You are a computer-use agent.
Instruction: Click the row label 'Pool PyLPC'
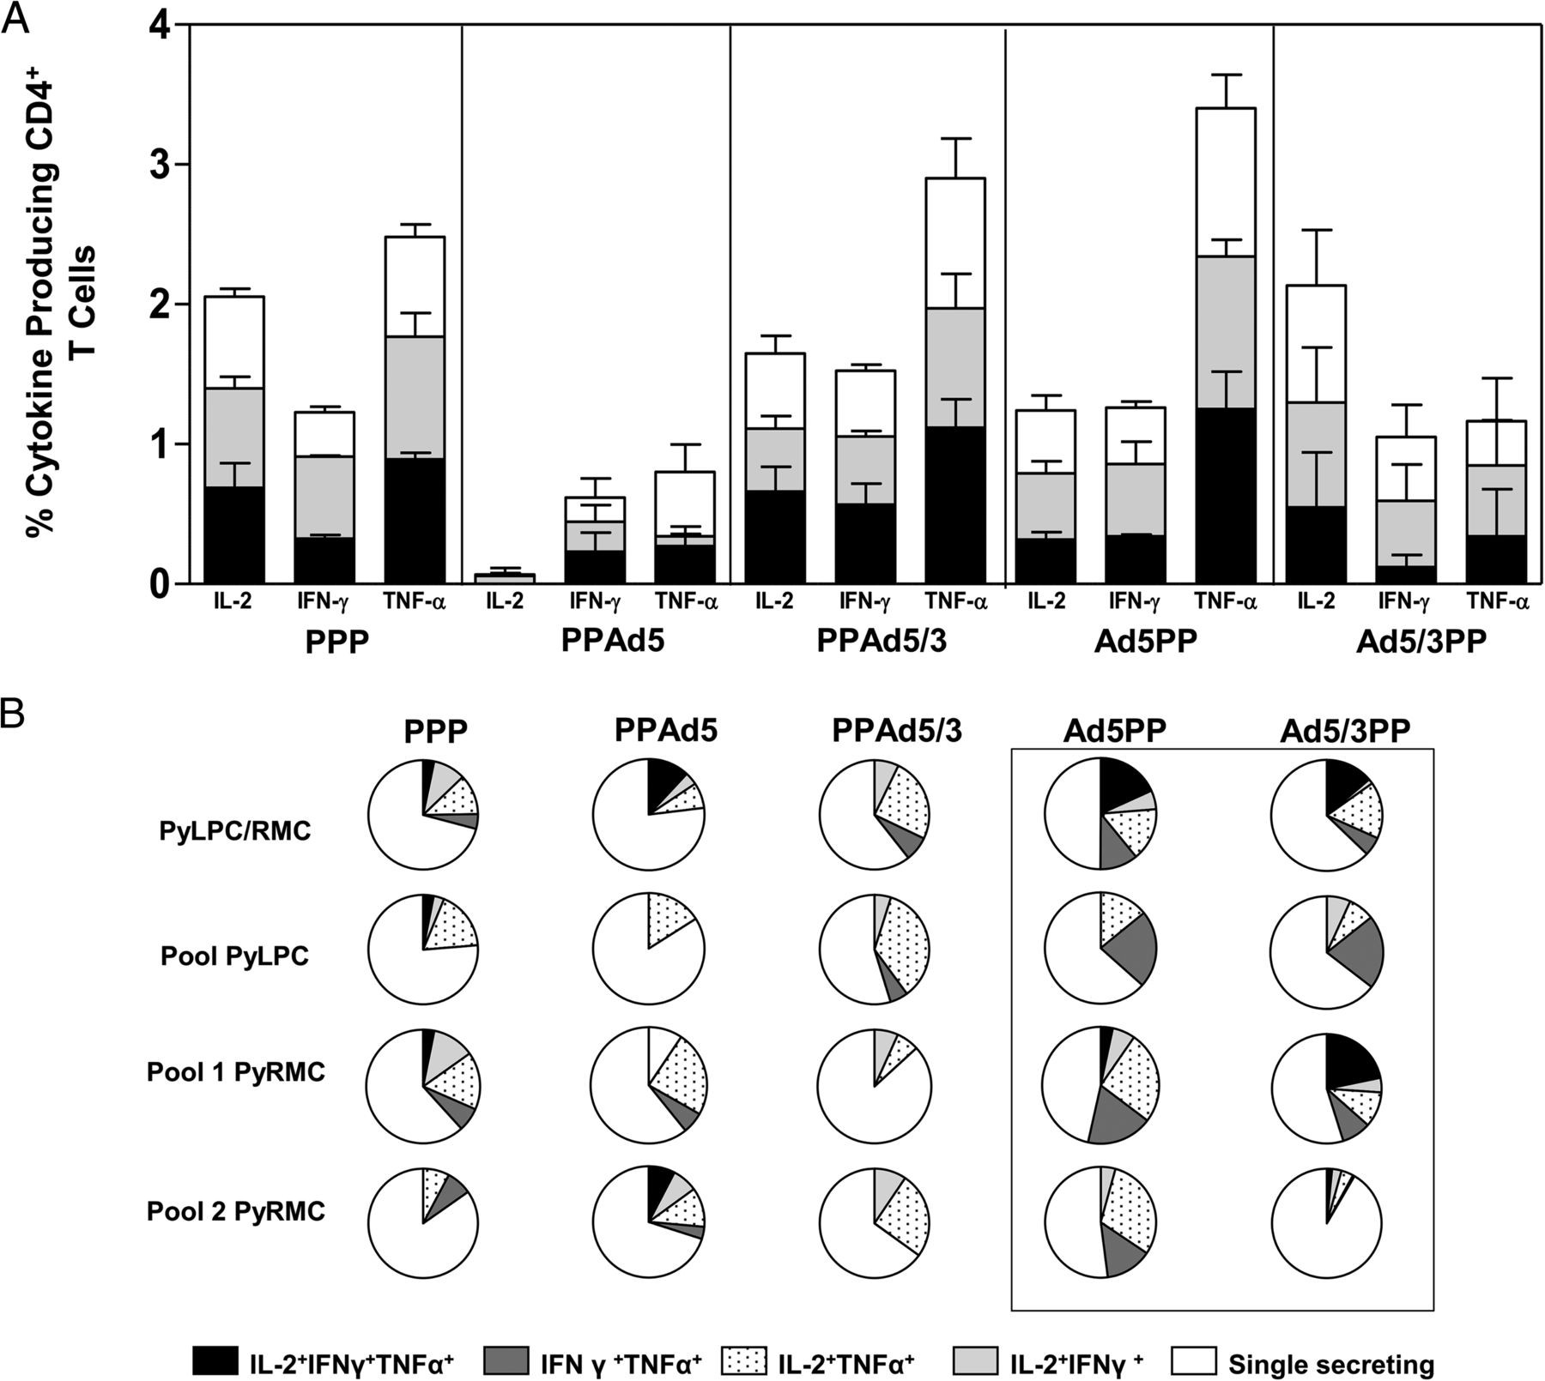click(234, 956)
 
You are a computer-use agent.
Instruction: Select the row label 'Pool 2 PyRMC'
click(236, 1212)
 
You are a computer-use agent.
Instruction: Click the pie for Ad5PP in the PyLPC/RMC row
click(1101, 813)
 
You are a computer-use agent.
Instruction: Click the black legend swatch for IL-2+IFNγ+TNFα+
click(215, 1361)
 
